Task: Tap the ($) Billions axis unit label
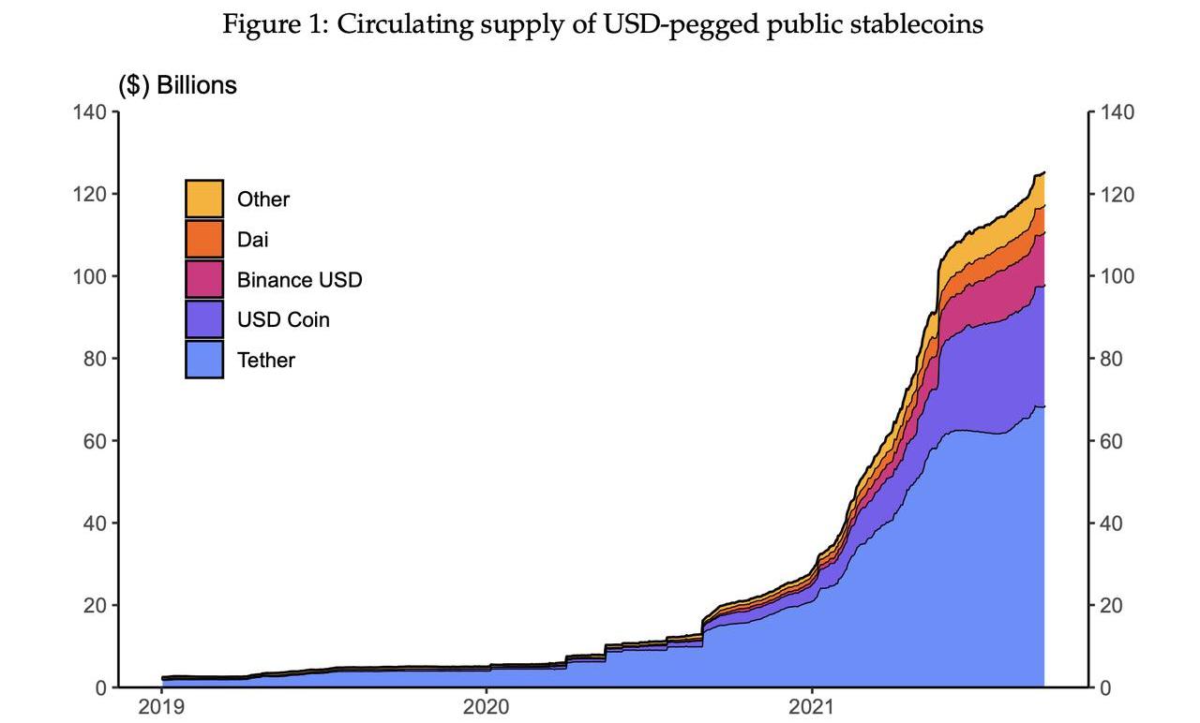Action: click(x=177, y=85)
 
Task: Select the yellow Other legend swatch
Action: click(x=204, y=199)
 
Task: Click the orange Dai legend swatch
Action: click(x=204, y=239)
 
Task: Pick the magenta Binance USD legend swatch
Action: click(x=204, y=279)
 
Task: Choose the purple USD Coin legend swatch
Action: click(x=204, y=319)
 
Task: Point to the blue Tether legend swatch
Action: click(x=204, y=360)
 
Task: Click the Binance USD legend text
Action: click(x=299, y=279)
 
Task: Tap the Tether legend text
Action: click(x=266, y=360)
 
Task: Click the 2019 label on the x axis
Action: click(x=162, y=706)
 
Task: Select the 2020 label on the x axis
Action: click(x=487, y=706)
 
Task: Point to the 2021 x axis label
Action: click(x=812, y=706)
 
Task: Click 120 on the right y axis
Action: click(x=1116, y=195)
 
